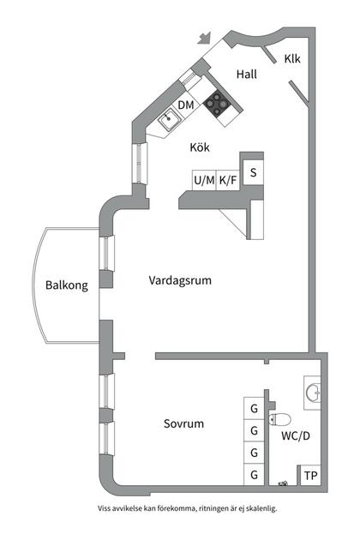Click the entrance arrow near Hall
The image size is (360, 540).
click(x=204, y=38)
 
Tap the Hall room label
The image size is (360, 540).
click(x=247, y=75)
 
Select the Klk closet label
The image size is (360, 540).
click(x=292, y=59)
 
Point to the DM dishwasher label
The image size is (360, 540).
click(x=186, y=105)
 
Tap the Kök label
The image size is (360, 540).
click(x=200, y=147)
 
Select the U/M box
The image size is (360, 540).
click(x=204, y=180)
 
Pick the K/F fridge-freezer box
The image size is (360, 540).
click(x=228, y=180)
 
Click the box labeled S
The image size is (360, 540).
click(x=253, y=172)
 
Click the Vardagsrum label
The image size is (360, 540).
click(x=179, y=280)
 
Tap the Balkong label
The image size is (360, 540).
click(x=66, y=286)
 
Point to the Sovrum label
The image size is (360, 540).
click(x=184, y=423)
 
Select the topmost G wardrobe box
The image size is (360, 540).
click(x=254, y=408)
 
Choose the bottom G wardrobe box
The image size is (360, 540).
click(x=254, y=474)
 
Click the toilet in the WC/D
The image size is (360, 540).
click(x=279, y=419)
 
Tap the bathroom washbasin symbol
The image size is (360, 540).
click(x=315, y=393)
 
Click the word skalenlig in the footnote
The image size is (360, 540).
click(x=258, y=507)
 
